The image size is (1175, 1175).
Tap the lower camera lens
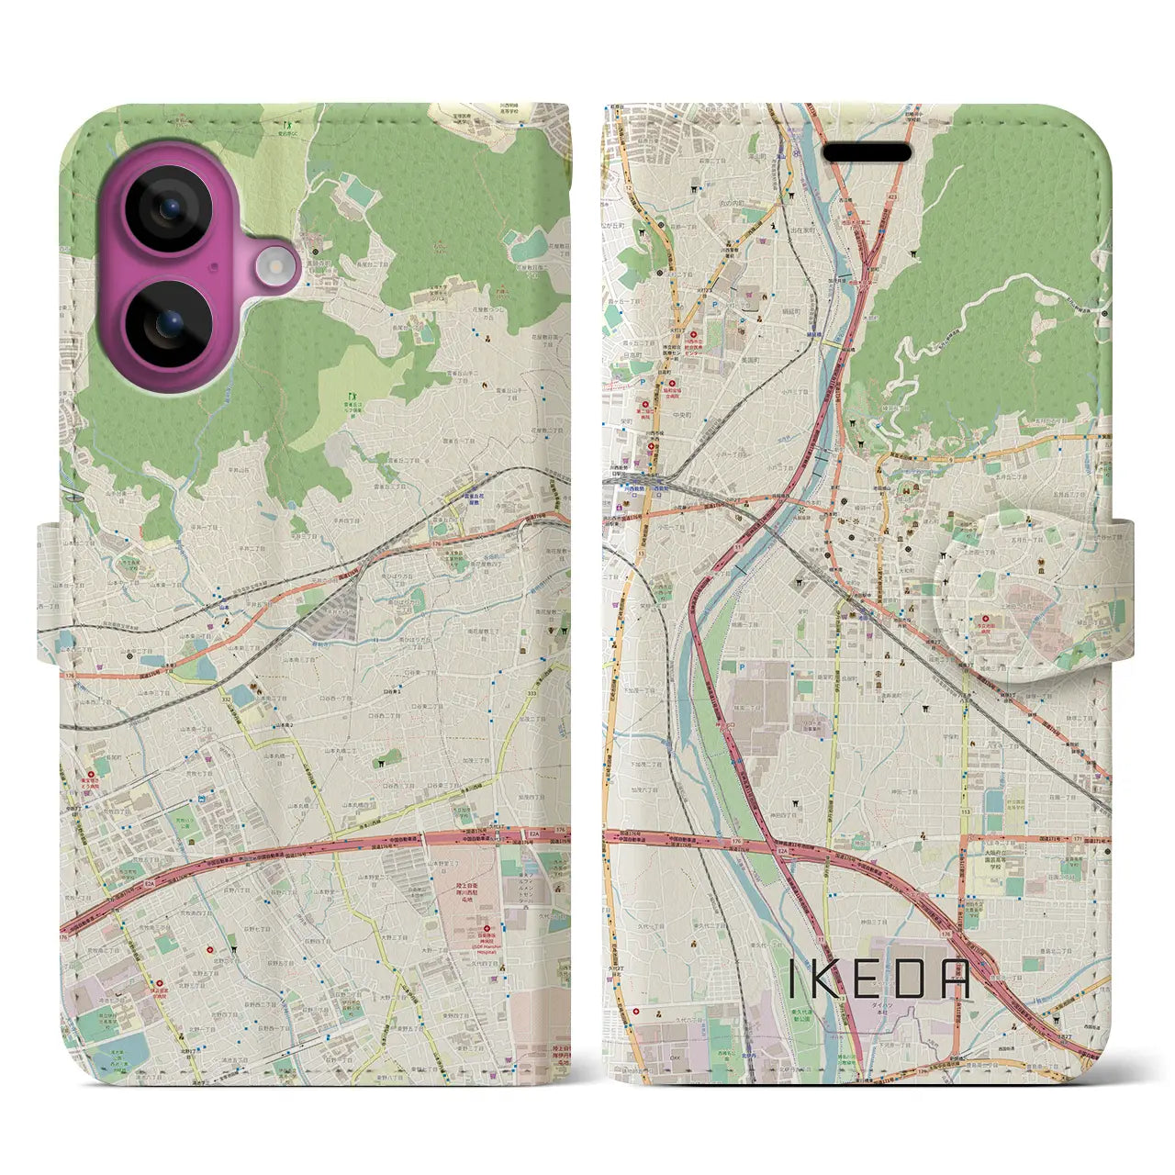coord(167,322)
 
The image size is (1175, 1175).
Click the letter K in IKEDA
coord(832,979)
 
